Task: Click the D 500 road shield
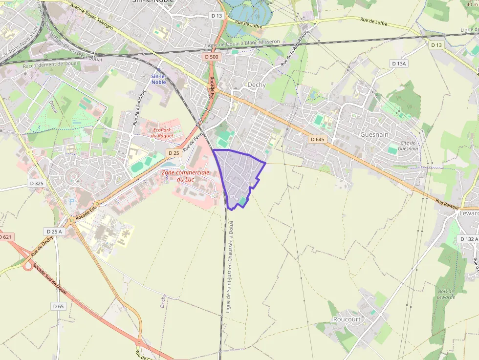click(212, 57)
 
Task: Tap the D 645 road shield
click(317, 139)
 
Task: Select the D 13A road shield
click(399, 64)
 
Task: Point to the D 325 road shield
click(37, 184)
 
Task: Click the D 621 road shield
click(5, 237)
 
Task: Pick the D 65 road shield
click(58, 306)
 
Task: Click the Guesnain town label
click(375, 134)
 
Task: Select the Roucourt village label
click(347, 319)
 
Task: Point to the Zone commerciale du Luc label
click(186, 176)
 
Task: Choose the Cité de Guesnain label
click(408, 146)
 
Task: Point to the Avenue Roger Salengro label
click(91, 17)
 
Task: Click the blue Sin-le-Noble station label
click(158, 79)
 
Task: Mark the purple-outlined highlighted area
click(239, 176)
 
